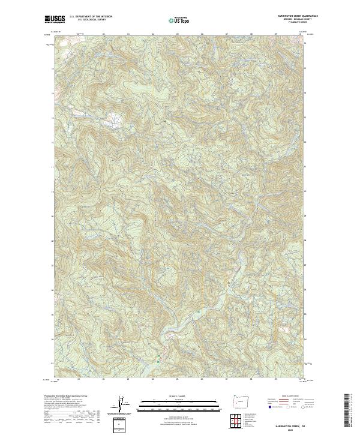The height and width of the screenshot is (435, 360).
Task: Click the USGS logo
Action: [x=53, y=19]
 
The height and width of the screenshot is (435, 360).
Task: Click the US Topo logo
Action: [x=179, y=20]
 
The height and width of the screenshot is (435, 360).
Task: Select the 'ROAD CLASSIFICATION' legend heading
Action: [x=290, y=397]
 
